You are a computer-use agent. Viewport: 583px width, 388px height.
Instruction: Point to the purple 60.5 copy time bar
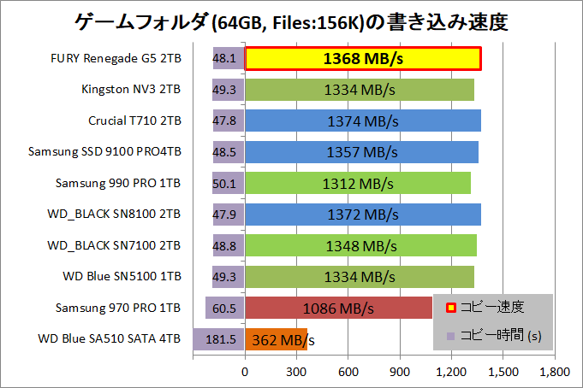(x=225, y=308)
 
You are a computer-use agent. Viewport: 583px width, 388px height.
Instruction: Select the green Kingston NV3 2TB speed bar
(x=360, y=90)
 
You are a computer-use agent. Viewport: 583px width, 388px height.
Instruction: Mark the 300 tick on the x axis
(x=297, y=372)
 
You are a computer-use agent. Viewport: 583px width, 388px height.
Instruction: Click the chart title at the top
(x=291, y=21)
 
